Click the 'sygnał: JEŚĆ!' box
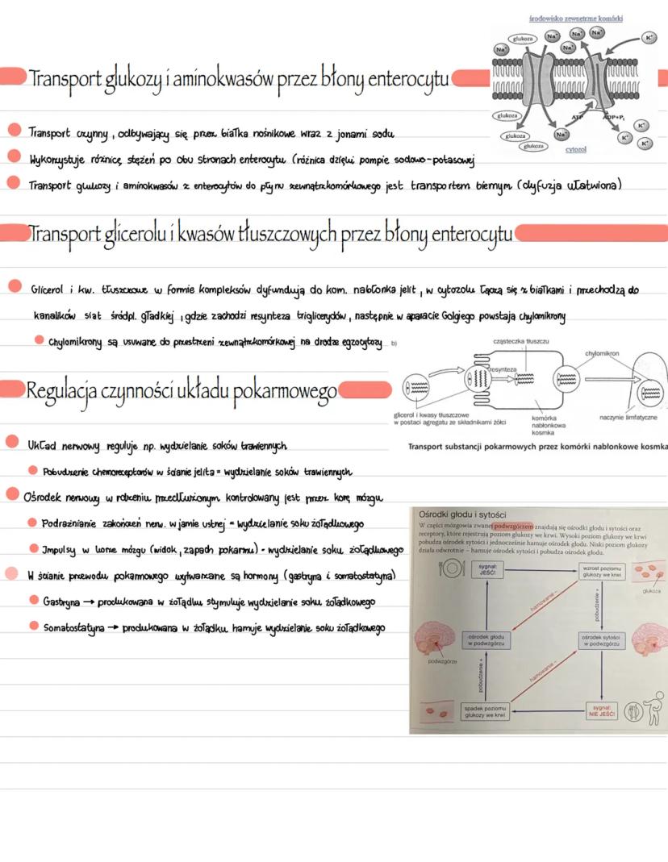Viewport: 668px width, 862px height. [x=486, y=569]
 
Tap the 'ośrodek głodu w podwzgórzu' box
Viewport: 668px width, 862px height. [x=486, y=639]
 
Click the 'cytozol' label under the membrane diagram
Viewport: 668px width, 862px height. [x=576, y=149]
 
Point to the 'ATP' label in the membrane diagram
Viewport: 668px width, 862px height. [x=578, y=118]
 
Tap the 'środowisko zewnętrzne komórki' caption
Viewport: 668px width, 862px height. [x=575, y=18]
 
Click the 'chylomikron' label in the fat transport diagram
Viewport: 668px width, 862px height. [x=603, y=353]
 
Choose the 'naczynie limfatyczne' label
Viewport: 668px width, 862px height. [x=628, y=417]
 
